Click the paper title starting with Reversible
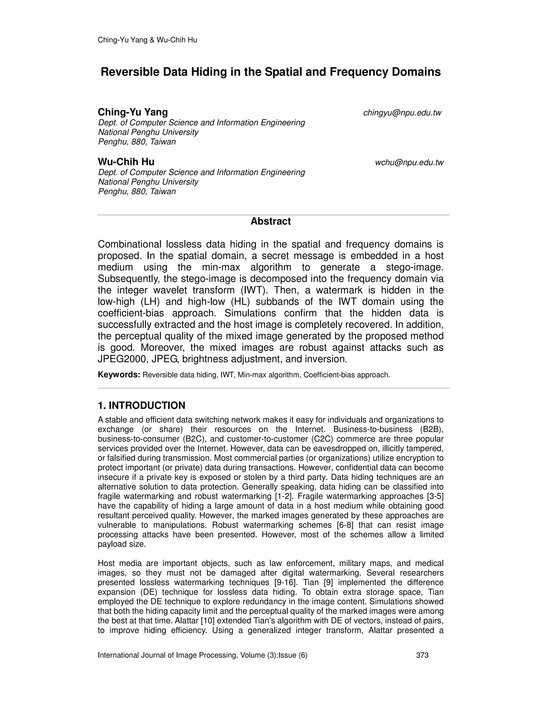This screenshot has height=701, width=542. coord(271,72)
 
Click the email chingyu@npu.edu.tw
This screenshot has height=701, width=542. coord(402,113)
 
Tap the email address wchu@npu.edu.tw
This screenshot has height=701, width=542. coord(409,163)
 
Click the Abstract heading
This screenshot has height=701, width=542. coord(271,221)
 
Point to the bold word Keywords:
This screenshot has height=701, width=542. coord(119,375)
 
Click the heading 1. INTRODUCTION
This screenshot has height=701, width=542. coord(141,405)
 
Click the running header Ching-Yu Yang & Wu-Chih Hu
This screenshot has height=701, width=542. coord(147,40)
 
